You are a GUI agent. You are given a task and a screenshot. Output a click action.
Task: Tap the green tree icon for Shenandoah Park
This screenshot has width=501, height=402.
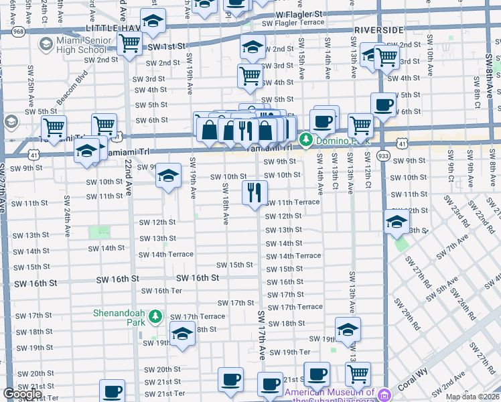click(155, 315)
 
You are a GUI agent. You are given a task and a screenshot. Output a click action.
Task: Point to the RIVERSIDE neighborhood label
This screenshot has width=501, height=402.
click(379, 30)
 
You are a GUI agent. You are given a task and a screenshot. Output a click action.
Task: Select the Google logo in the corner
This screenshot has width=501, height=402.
click(22, 394)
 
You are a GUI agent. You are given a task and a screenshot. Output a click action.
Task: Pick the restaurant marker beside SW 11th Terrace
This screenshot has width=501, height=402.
click(254, 192)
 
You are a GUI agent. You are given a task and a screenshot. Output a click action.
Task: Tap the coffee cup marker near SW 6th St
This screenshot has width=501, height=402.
click(383, 105)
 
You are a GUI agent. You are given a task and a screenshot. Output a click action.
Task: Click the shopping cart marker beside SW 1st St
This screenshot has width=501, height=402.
click(129, 44)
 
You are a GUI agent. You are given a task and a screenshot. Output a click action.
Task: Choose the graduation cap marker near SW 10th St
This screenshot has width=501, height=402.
click(168, 176)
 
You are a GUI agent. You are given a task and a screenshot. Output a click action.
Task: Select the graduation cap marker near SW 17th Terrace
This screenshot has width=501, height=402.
click(182, 332)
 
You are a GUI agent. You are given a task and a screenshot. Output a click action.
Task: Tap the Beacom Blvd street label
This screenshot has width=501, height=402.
click(72, 88)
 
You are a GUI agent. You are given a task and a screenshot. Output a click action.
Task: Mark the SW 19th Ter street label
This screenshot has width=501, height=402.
click(296, 352)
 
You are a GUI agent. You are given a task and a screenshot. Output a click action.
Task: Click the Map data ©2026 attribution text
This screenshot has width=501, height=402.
click(472, 397)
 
